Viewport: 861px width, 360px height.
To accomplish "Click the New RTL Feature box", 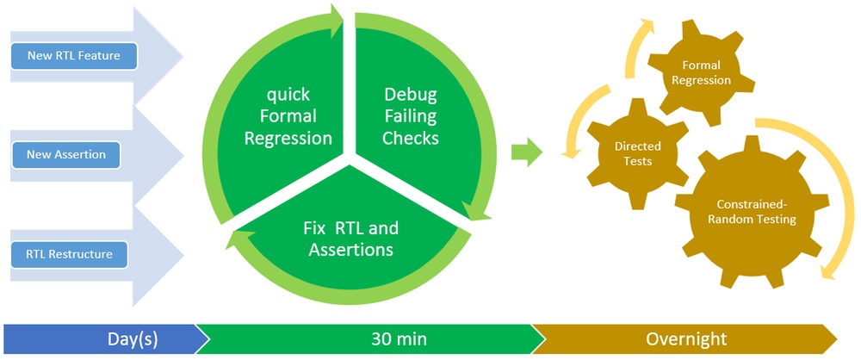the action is point(73,55).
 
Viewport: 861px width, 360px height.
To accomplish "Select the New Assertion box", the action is point(65,154).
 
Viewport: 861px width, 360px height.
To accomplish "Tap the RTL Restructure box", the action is point(69,254).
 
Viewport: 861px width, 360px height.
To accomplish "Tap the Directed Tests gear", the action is point(637,153).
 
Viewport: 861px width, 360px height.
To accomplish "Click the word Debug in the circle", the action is point(410,95).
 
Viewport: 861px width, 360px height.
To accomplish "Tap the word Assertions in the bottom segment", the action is point(351,250).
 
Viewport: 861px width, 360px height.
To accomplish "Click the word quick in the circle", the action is point(288,95).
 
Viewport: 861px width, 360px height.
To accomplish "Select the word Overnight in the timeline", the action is point(685,338).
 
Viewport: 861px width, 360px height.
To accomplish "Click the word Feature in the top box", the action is point(102,55).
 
